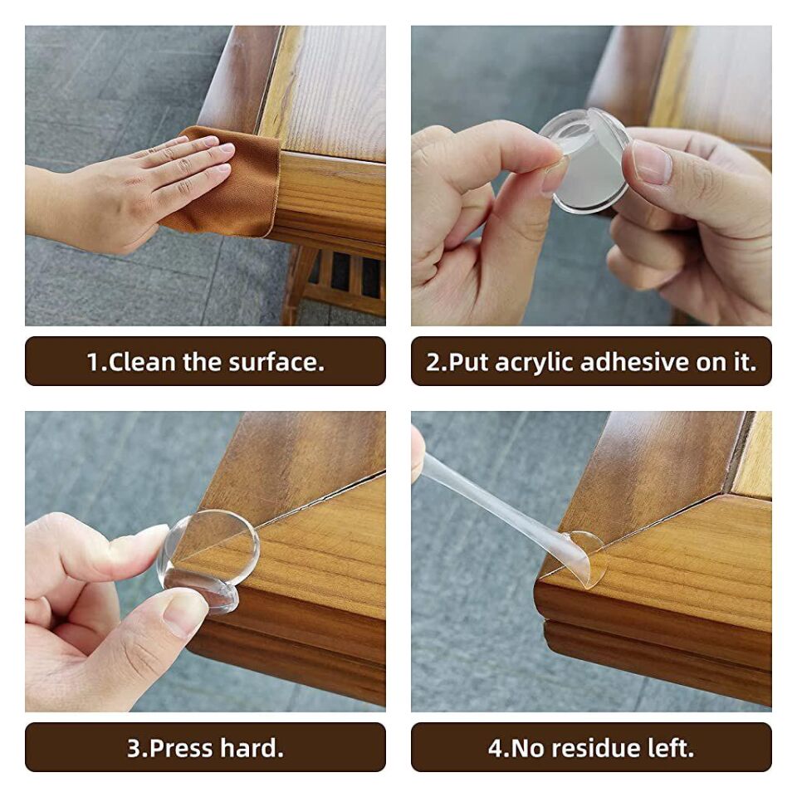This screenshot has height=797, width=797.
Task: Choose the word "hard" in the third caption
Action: pyautogui.click(x=251, y=748)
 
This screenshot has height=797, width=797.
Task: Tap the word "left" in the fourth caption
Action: pyautogui.click(x=669, y=748)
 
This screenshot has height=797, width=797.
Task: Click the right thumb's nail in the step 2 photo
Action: pyautogui.click(x=651, y=162)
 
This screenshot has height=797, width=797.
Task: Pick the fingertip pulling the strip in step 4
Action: pyautogui.click(x=417, y=452)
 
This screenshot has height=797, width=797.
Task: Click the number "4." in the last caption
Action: pyautogui.click(x=497, y=748)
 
